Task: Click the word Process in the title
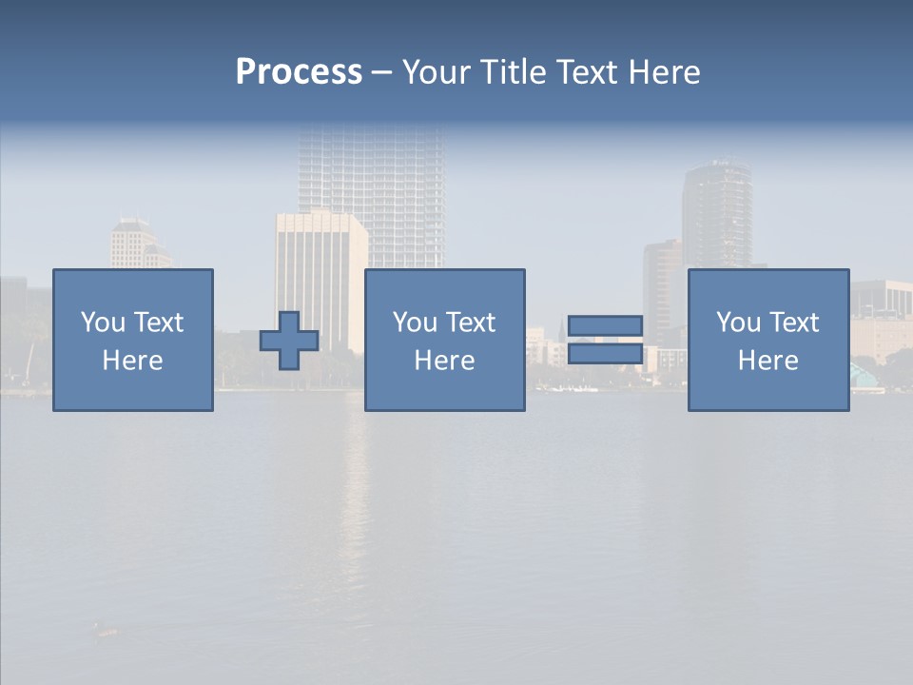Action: coord(299,72)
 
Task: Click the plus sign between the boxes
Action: coord(289,341)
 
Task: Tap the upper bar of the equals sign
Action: coord(605,326)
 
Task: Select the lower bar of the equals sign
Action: coord(605,353)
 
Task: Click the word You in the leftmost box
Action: coord(102,323)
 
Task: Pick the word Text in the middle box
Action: coord(471,323)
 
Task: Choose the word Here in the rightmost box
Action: coord(767,361)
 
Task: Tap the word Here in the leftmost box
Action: coord(132,361)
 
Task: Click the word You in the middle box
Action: coord(414,323)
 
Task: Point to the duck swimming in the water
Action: coord(106,629)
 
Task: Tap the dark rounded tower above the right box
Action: coord(716,214)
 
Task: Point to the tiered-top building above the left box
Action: coord(133,242)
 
